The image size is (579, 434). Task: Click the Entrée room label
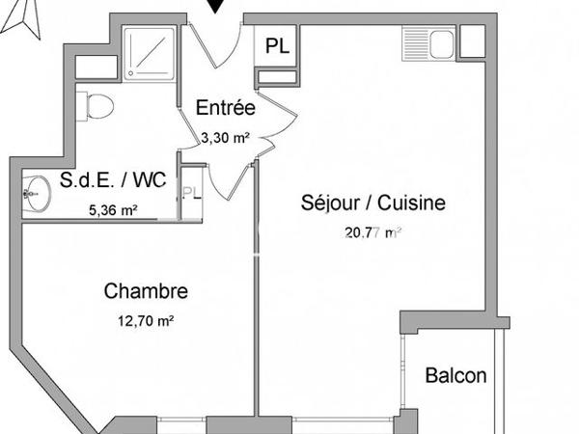(x=225, y=108)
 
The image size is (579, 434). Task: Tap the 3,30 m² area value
(x=225, y=138)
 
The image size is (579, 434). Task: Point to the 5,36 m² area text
(x=113, y=208)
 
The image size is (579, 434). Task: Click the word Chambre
(x=147, y=290)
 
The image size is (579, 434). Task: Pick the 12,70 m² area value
(x=147, y=321)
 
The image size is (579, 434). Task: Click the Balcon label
(x=455, y=375)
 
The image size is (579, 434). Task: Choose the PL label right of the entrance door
(x=275, y=44)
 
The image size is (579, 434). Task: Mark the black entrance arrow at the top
(x=220, y=7)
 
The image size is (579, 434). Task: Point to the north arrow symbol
(x=26, y=18)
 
